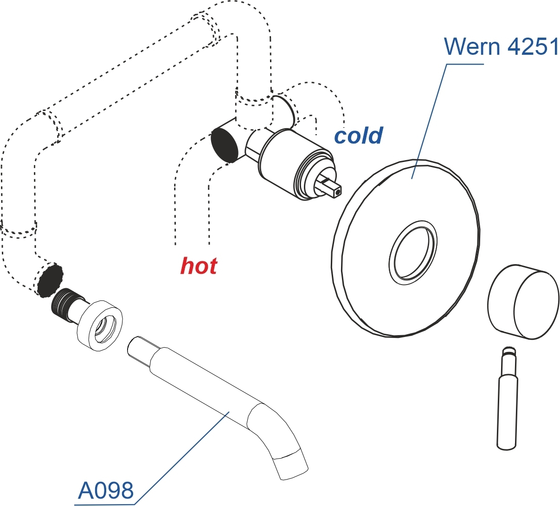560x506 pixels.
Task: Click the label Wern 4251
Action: [501, 46]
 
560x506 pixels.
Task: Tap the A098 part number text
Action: [106, 490]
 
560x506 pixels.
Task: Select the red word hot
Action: [199, 266]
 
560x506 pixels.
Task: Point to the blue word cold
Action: [359, 136]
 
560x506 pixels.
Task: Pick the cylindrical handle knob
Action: [522, 302]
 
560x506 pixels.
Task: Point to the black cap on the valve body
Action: [225, 145]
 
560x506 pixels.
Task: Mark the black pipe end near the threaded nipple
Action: [50, 280]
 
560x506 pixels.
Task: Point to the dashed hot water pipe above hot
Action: [192, 186]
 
